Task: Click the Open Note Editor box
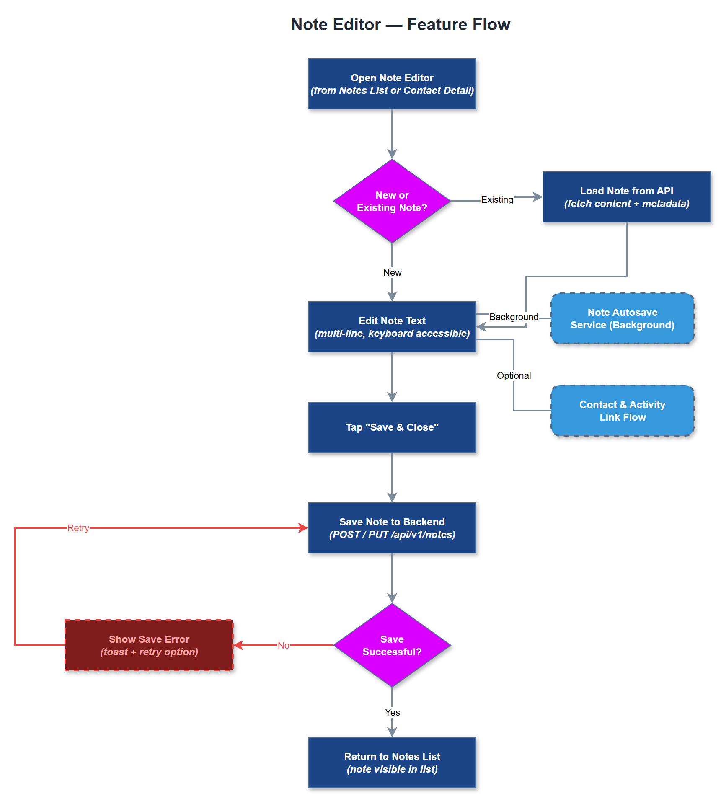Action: (x=392, y=84)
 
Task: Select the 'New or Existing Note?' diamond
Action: (x=392, y=201)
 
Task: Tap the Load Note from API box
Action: (x=626, y=197)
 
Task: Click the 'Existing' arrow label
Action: (x=497, y=199)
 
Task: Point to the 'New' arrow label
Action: (x=392, y=272)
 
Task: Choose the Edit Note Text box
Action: (x=392, y=327)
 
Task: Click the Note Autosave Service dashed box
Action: (x=622, y=318)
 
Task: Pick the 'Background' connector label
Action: (x=514, y=317)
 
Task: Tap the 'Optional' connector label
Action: (x=514, y=375)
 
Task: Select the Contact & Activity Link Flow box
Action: (x=622, y=411)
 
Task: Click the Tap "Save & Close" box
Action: (x=392, y=427)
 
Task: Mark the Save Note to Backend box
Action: (x=392, y=528)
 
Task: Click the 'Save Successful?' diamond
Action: (x=392, y=645)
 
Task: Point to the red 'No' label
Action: (x=284, y=645)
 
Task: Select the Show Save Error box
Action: (x=149, y=645)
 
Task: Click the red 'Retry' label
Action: (x=78, y=528)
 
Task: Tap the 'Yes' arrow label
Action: (x=392, y=712)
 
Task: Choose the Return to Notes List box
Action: (x=392, y=763)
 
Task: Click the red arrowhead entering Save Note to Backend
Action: (x=303, y=528)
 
